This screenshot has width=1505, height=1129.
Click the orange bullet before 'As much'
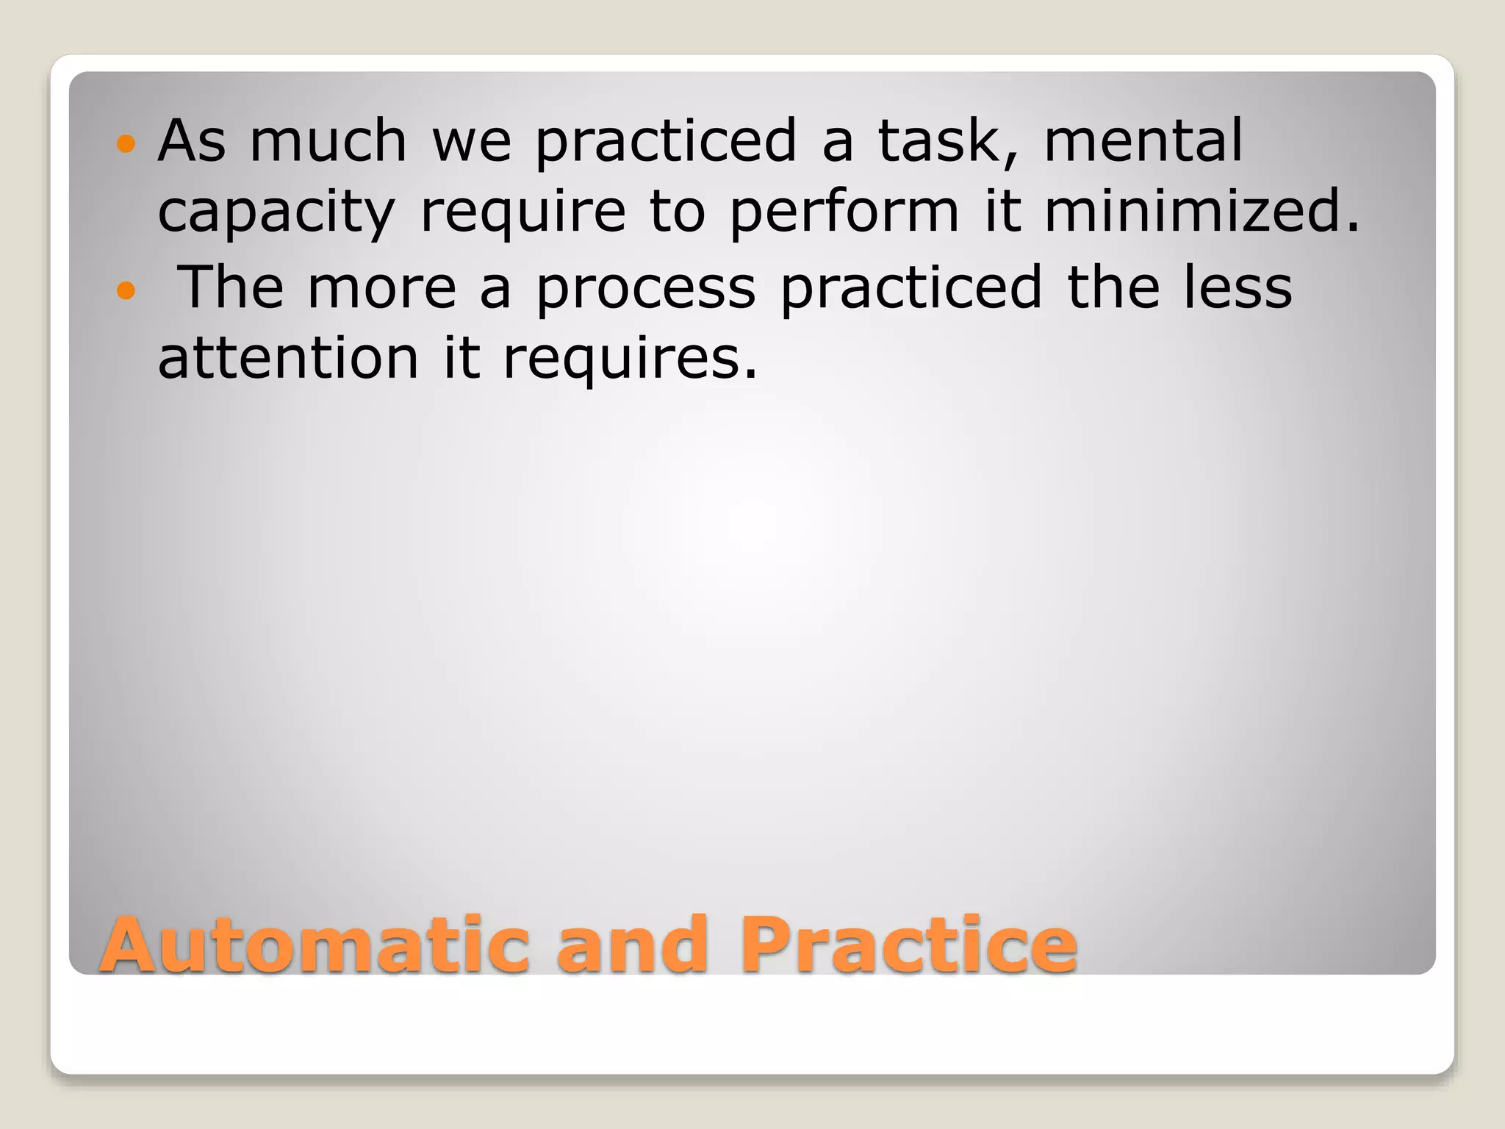(126, 143)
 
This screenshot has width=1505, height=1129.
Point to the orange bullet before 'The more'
(126, 290)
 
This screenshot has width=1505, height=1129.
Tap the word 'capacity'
(276, 212)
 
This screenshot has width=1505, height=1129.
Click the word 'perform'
(844, 212)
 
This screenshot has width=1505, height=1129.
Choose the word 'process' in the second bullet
(645, 289)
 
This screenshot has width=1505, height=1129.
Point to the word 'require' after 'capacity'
(522, 212)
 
